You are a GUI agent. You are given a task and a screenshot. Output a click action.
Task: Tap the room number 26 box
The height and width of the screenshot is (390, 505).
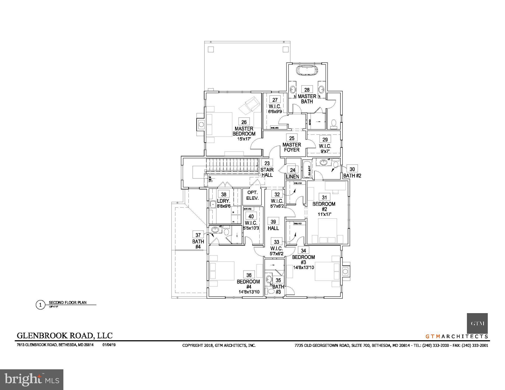click(244, 122)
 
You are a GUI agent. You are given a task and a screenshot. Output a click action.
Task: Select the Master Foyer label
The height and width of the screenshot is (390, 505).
click(292, 147)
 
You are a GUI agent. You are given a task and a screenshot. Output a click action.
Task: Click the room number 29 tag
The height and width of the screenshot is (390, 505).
click(325, 139)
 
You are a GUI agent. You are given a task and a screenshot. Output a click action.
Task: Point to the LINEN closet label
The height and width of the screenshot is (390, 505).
click(293, 177)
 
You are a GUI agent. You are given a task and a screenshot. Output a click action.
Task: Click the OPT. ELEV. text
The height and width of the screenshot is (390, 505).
click(252, 196)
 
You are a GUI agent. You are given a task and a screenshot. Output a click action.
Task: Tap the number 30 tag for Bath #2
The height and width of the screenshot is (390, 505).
click(352, 169)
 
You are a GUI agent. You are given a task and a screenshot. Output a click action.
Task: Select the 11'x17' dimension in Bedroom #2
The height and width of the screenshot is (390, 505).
click(324, 214)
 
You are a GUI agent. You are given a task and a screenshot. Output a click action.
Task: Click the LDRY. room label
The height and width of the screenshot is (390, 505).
click(223, 201)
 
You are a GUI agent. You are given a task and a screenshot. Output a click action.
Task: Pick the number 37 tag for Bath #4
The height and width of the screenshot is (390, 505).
click(198, 235)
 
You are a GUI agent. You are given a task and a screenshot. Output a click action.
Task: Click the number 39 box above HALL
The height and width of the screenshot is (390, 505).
click(273, 222)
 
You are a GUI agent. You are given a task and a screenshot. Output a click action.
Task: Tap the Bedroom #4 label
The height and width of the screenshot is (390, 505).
click(248, 284)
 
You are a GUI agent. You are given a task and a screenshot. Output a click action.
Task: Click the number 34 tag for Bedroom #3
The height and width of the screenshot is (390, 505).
click(304, 250)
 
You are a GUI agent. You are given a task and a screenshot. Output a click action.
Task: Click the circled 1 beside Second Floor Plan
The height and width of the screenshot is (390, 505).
click(40, 305)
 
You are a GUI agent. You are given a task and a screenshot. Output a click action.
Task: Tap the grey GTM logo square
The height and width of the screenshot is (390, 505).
click(477, 323)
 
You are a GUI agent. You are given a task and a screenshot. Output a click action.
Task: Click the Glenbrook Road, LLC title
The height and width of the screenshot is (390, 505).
click(65, 335)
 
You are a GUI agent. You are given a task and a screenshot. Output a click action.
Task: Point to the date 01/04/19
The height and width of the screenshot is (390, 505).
click(109, 345)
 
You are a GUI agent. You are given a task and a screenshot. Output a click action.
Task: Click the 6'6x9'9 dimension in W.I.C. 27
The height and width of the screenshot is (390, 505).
click(275, 111)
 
